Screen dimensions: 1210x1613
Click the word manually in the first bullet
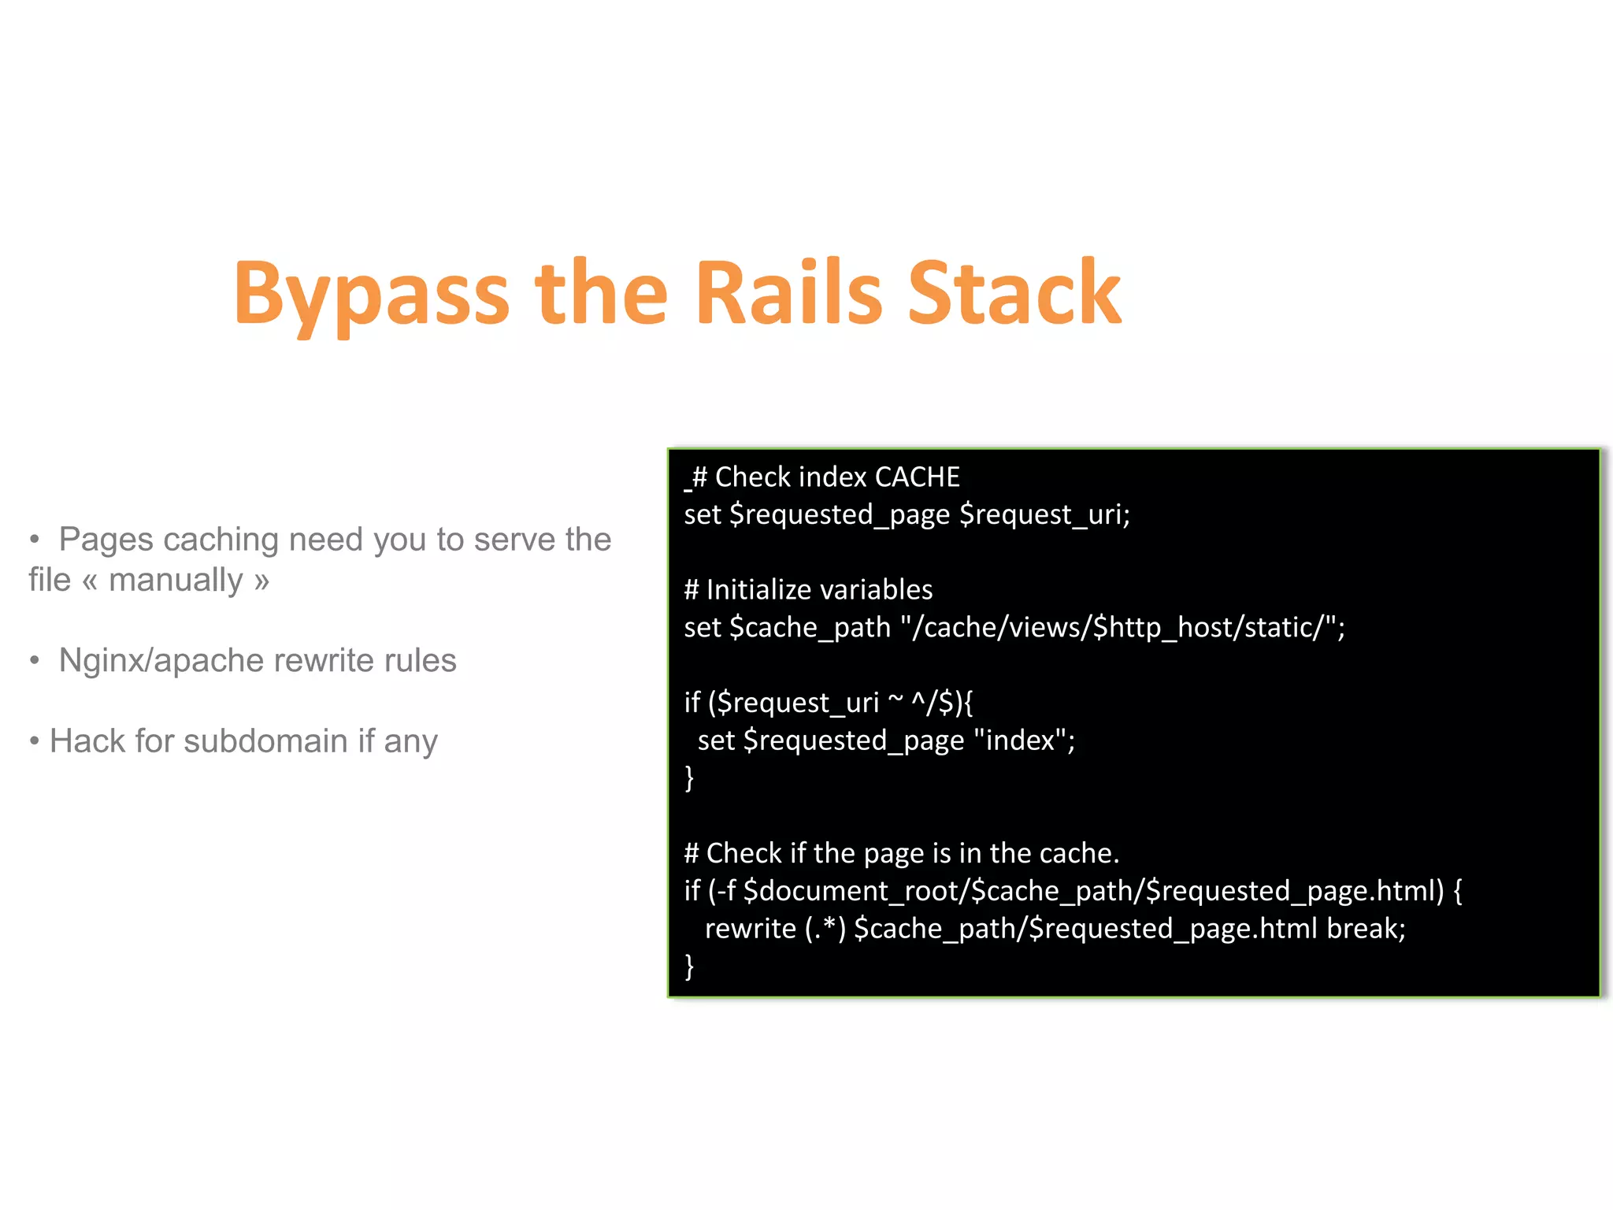pos(176,581)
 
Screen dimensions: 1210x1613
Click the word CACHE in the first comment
pos(917,477)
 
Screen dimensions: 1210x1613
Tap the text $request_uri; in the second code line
pos(1044,515)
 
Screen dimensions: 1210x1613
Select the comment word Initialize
pos(755,590)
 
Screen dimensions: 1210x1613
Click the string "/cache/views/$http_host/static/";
pos(1122,628)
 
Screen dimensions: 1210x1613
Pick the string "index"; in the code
pos(1024,740)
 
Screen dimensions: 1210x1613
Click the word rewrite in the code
pos(750,929)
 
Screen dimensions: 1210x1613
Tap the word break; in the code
pos(1366,929)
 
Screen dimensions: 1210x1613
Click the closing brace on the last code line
pos(689,966)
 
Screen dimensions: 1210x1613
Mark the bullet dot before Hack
pos(34,741)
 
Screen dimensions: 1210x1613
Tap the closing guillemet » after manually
pos(261,581)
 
